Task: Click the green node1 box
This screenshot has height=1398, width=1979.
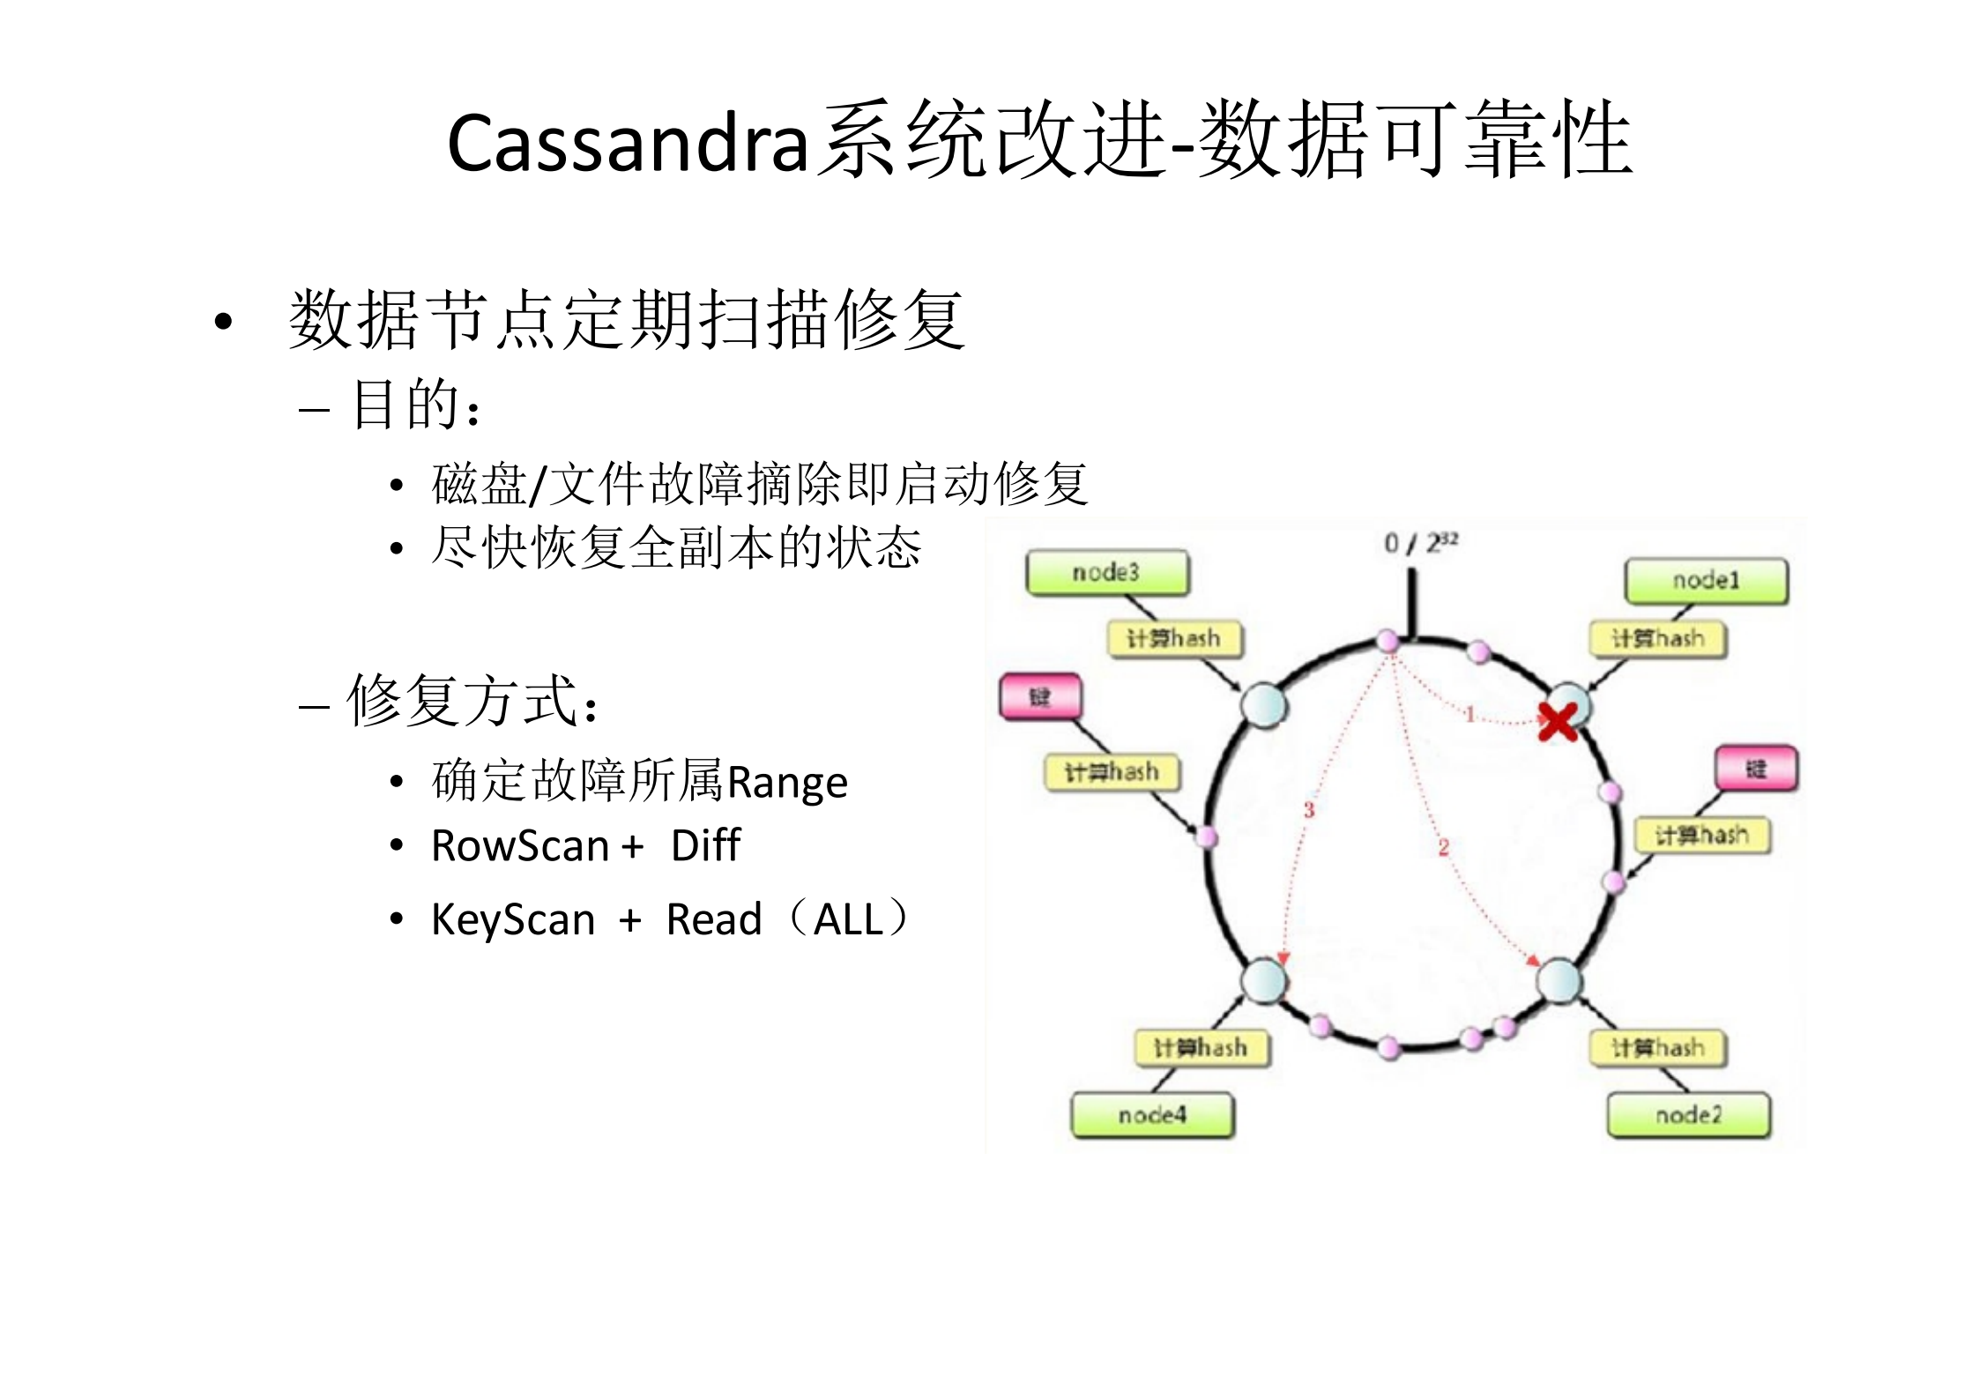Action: tap(1706, 581)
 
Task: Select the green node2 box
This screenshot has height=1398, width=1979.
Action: tap(1688, 1115)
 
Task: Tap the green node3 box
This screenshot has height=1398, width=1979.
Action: tap(1107, 573)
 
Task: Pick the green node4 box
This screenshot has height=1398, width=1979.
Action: tap(1152, 1115)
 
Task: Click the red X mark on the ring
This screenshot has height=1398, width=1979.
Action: tap(1558, 721)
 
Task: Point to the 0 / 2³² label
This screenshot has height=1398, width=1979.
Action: tap(1420, 542)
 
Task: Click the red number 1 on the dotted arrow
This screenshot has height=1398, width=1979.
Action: tap(1469, 714)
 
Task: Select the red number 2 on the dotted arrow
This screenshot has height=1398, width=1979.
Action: tap(1444, 847)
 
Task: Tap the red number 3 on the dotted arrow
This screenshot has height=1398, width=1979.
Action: tap(1309, 809)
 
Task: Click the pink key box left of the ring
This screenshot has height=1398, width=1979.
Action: tap(1040, 697)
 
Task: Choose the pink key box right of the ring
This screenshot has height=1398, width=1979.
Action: tap(1756, 769)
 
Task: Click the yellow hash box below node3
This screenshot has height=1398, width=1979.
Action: tap(1174, 638)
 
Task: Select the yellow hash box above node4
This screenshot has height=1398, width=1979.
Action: tap(1202, 1047)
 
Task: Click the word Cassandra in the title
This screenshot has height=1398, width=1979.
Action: tap(628, 143)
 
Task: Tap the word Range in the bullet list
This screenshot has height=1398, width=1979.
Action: tap(786, 783)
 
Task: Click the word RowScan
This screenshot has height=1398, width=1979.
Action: tap(520, 846)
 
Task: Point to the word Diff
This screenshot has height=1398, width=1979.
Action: tap(705, 846)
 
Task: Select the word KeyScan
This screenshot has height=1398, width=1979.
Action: tap(513, 920)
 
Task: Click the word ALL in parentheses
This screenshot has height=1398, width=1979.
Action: tap(848, 920)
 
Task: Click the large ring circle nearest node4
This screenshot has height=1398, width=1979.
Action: tap(1264, 980)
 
